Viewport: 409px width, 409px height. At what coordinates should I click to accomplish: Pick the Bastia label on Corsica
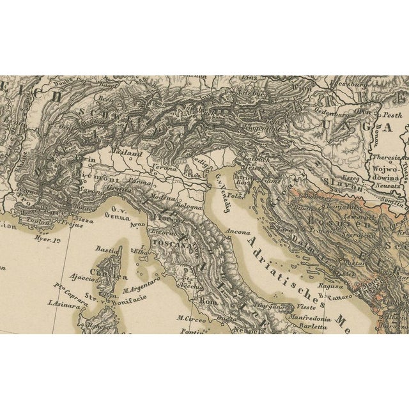click(104, 249)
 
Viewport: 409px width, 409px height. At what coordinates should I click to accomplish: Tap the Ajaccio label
click(82, 278)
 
